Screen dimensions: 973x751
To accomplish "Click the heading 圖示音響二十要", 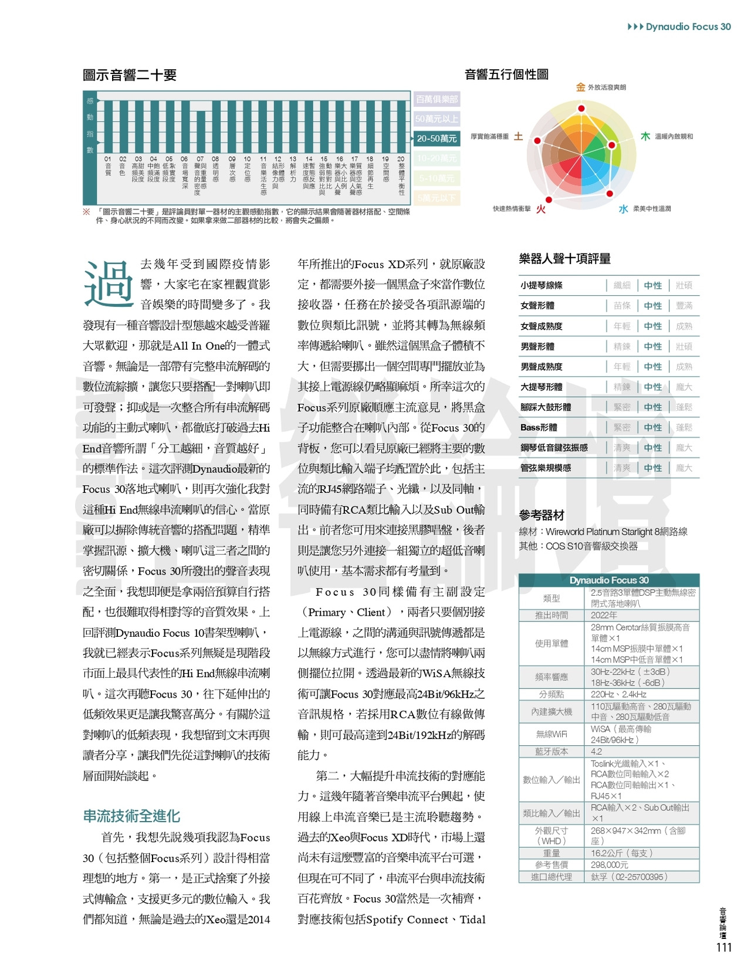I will coord(130,75).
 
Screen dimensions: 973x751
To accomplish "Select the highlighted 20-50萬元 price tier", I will coord(437,138).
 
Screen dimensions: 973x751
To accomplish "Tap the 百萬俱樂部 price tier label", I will coord(437,99).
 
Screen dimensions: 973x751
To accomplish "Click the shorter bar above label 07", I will coord(200,131).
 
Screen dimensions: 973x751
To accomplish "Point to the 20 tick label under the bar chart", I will coord(401,159).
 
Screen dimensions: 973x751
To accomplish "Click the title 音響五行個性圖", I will coord(506,75).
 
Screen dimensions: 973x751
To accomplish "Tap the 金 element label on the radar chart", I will coord(580,87).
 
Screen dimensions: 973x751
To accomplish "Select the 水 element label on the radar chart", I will coord(623,209).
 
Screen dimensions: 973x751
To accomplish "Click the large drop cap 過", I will coord(109,283).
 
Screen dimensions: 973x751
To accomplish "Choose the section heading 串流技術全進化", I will coord(131,816).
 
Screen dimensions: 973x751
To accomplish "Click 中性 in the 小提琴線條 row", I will coord(652,285).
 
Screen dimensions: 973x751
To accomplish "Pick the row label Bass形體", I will coord(539,427).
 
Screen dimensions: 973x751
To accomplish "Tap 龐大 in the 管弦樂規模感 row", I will coord(684,468).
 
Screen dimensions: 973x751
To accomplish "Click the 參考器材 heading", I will coord(542,515).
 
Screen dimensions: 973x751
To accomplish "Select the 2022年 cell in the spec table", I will coord(604,615).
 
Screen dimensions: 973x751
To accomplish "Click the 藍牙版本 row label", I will coord(551,751).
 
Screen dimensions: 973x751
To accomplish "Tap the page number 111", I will coord(724,947).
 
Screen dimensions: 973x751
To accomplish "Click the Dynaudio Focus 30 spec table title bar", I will coord(608,580).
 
